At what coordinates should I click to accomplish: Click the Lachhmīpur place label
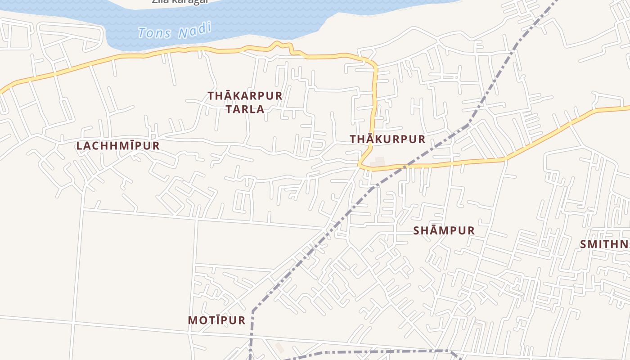click(118, 146)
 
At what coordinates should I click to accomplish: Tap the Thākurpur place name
click(387, 139)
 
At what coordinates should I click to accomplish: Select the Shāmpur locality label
click(444, 231)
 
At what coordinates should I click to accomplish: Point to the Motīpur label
click(216, 320)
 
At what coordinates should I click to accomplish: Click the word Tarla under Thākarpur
click(245, 109)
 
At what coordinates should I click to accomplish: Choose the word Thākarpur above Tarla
click(245, 96)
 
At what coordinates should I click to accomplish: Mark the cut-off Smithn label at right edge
click(605, 244)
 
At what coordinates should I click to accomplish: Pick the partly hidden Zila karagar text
click(180, 1)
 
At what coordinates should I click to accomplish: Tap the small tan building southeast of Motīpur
click(279, 347)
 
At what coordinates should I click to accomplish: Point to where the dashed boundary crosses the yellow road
click(404, 167)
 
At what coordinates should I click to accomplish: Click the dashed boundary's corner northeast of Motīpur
click(253, 310)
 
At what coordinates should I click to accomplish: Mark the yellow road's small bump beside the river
click(279, 44)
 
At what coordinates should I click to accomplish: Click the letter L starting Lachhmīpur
click(80, 146)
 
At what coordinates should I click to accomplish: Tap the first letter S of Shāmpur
click(417, 231)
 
